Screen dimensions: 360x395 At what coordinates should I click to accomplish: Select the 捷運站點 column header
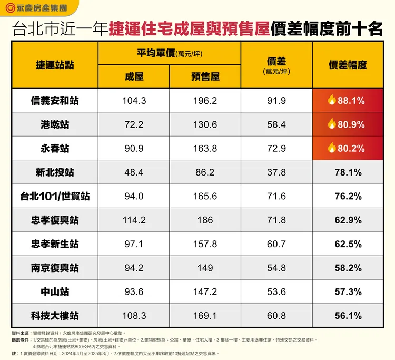point(55,65)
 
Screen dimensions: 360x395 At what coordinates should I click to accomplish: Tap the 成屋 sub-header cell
point(134,76)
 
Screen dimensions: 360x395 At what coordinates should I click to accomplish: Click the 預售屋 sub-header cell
point(205,76)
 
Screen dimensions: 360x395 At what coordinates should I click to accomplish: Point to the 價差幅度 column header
point(348,65)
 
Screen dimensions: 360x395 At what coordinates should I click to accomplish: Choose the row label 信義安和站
point(55,101)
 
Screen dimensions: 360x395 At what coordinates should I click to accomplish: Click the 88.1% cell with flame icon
point(348,101)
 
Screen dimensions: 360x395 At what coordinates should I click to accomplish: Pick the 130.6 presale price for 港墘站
point(205,124)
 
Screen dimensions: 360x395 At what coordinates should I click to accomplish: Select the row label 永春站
point(55,149)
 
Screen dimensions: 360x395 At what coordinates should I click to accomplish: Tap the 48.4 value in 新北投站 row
point(134,172)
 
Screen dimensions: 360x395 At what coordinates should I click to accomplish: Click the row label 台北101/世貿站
point(55,196)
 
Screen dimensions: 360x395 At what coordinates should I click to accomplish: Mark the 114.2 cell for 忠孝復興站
point(134,220)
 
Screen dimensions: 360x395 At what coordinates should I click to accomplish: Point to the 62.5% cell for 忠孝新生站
point(348,244)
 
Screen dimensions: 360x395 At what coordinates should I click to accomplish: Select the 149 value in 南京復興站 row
point(205,268)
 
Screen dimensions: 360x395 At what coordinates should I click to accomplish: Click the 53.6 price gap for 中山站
point(276,292)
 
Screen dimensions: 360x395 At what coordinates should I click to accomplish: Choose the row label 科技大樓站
point(55,316)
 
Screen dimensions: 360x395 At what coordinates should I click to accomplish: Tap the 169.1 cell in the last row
point(205,316)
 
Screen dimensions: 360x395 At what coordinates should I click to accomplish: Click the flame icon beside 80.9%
point(332,124)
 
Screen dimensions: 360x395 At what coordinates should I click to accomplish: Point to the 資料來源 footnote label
point(19,334)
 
